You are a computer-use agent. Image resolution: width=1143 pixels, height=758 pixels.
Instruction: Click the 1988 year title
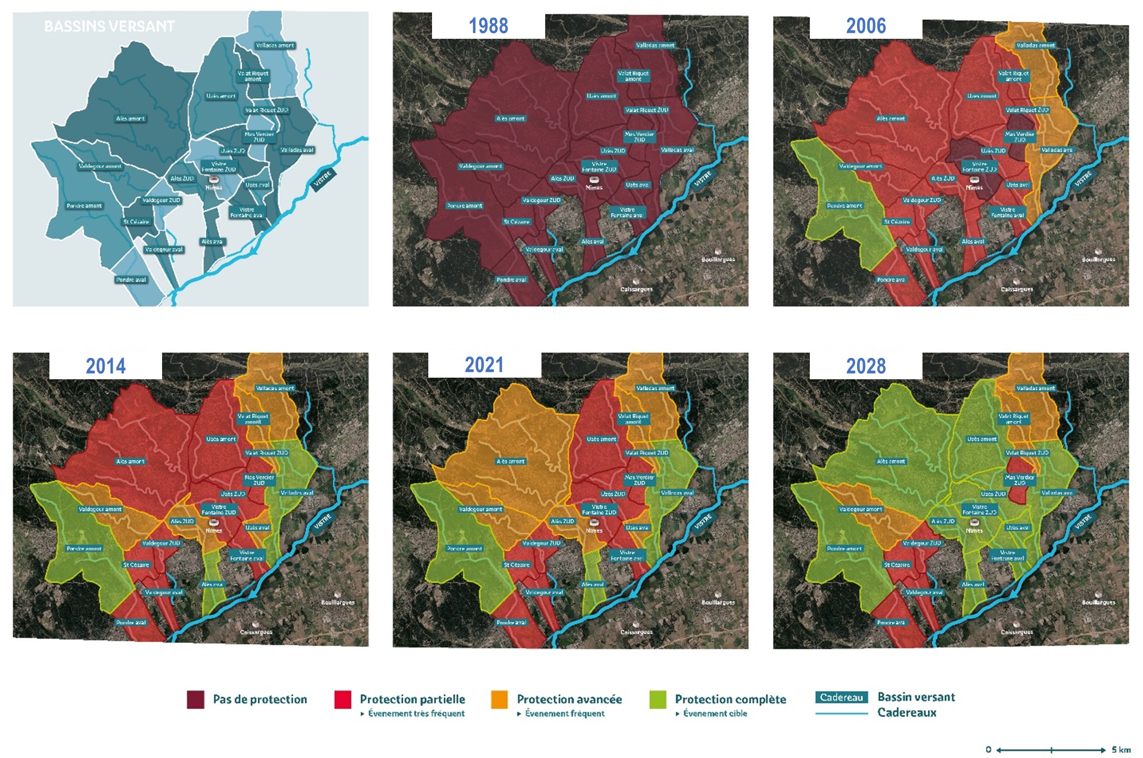(488, 26)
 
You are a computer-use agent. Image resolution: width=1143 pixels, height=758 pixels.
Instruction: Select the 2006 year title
(866, 26)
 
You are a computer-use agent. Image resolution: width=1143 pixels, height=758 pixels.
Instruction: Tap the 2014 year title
(106, 366)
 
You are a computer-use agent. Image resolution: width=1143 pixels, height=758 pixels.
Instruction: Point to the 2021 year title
(484, 365)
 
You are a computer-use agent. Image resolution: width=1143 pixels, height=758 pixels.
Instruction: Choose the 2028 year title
(866, 366)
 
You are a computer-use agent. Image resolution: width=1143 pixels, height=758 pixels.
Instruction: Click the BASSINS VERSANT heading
(109, 27)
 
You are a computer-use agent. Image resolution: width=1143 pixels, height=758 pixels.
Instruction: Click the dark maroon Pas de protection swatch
(196, 700)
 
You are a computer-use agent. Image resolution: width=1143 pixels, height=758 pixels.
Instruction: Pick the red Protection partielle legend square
(343, 700)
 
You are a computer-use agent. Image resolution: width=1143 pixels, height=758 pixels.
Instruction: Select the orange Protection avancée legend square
(499, 700)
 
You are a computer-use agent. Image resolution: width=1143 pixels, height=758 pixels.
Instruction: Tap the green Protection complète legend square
(658, 700)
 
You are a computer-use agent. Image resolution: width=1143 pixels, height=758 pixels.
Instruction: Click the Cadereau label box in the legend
(841, 697)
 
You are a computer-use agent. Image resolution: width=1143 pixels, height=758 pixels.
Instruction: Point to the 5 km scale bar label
(1121, 750)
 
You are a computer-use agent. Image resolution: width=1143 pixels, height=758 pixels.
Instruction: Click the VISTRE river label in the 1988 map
(702, 179)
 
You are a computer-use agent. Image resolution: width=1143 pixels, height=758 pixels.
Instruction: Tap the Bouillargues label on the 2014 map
(338, 602)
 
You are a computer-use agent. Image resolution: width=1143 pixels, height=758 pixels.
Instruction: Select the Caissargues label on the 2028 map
(1017, 632)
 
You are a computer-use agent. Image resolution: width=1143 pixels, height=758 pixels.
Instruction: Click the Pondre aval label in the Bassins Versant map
(131, 280)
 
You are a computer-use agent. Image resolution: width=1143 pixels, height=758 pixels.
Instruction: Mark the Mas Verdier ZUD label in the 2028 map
(1019, 480)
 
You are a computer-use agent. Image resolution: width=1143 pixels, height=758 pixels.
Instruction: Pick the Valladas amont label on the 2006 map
(1035, 46)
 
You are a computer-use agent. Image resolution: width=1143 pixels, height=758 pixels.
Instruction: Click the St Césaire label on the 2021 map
(517, 565)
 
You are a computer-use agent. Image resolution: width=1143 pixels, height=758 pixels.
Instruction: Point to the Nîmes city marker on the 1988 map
(594, 180)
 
